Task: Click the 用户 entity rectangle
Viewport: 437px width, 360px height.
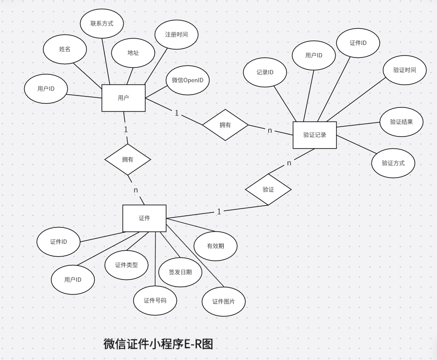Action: (x=123, y=98)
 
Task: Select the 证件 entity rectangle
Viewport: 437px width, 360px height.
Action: (x=144, y=218)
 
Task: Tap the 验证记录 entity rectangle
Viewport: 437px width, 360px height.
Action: (x=315, y=135)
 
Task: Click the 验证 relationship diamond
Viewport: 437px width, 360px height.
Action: (x=268, y=189)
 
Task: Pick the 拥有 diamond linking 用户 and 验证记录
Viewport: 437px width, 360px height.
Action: (x=225, y=125)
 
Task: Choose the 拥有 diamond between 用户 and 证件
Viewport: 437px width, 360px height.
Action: (x=128, y=159)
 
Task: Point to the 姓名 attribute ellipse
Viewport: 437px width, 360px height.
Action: (x=65, y=49)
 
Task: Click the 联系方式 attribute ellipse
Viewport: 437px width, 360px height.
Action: (x=102, y=24)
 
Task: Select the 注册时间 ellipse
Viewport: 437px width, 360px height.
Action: (x=176, y=35)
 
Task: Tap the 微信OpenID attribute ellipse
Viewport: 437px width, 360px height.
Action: (x=187, y=80)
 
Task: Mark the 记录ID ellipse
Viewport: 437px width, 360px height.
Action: (x=265, y=72)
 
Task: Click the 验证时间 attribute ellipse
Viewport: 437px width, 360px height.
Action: (x=404, y=70)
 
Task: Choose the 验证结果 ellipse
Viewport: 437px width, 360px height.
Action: (x=402, y=122)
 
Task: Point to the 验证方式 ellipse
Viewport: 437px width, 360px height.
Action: (x=393, y=163)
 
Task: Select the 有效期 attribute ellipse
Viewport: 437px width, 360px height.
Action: (x=216, y=246)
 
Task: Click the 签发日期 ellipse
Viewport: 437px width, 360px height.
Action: (x=180, y=272)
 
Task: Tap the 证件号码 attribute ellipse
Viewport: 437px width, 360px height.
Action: (x=155, y=300)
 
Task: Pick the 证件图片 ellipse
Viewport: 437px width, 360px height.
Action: (x=224, y=301)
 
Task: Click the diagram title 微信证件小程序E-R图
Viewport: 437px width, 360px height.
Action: (x=158, y=344)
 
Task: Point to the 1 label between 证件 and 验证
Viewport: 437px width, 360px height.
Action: (x=219, y=212)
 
